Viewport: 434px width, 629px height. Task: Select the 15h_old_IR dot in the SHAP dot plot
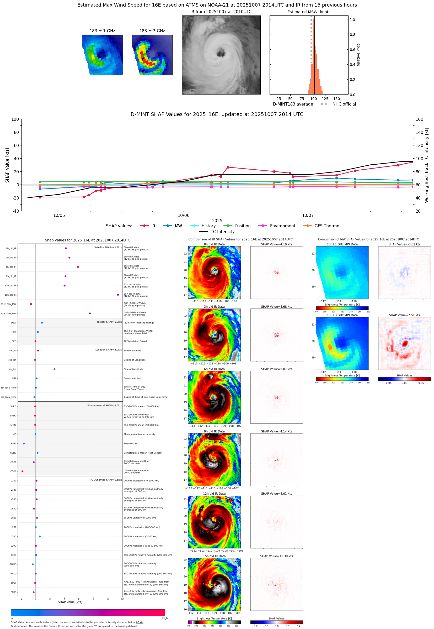point(118,295)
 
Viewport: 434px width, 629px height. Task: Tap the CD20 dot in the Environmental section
point(22,471)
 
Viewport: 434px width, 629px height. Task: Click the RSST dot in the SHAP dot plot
point(24,443)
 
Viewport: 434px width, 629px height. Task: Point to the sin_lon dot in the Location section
point(54,369)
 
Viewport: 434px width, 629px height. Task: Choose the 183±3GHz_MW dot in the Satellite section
point(90,313)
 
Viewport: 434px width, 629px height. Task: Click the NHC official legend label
point(344,104)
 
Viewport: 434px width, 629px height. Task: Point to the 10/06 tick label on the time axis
point(184,215)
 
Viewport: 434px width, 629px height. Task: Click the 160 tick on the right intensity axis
point(419,119)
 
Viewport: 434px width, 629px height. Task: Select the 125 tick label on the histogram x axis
point(325,99)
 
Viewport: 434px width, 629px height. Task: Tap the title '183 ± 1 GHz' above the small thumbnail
point(102,31)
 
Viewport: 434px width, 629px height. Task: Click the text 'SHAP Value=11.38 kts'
point(276,556)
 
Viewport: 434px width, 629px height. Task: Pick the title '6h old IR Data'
point(214,369)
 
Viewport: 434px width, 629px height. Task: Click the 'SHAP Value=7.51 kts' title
point(404,315)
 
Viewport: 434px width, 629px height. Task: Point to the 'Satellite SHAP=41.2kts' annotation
point(108,247)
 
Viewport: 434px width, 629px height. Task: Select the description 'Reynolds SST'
point(131,443)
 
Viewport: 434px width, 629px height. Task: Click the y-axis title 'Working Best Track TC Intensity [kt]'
point(426,165)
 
